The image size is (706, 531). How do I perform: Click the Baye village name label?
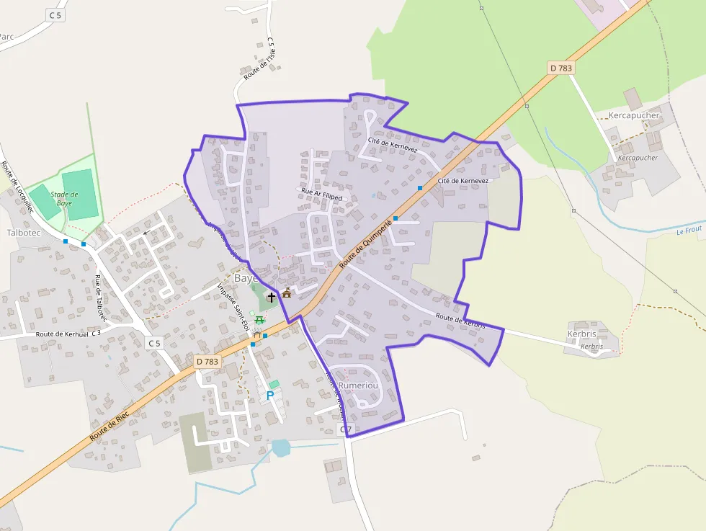pyautogui.click(x=246, y=278)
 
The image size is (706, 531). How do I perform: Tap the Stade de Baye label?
pyautogui.click(x=65, y=198)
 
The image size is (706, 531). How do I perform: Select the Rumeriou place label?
pyautogui.click(x=358, y=385)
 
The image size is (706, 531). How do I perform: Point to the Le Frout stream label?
pyautogui.click(x=689, y=230)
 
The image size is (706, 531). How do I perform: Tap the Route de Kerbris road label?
pyautogui.click(x=460, y=321)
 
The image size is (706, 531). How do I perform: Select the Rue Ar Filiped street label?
pyautogui.click(x=322, y=194)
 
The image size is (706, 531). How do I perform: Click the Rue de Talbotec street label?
pyautogui.click(x=101, y=298)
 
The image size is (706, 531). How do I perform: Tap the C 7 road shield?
pyautogui.click(x=346, y=430)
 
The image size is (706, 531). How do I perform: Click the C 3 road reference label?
pyautogui.click(x=96, y=334)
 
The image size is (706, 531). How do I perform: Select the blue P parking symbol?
pyautogui.click(x=270, y=396)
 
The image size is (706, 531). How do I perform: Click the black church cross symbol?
pyautogui.click(x=272, y=297)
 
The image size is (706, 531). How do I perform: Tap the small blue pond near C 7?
pyautogui.click(x=280, y=448)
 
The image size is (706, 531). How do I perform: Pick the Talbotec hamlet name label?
pyautogui.click(x=24, y=233)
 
